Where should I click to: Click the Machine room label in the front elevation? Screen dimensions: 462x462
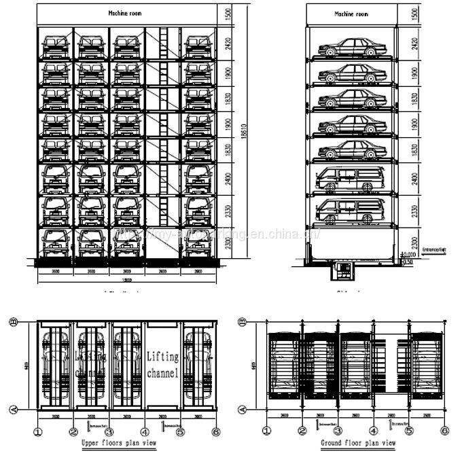tap(124, 13)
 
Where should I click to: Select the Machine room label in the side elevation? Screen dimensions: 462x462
tap(352, 14)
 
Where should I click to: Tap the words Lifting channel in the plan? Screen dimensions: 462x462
tap(162, 365)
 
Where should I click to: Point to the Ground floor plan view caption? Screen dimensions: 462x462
tap(358, 443)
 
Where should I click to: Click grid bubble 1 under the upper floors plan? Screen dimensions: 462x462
tap(37, 429)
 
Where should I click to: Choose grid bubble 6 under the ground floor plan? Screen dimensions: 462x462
tap(445, 429)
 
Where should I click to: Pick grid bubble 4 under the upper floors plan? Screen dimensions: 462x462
tap(145, 429)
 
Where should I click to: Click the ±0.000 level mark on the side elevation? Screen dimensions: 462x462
tap(408, 256)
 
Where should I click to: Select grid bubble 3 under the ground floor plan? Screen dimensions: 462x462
tap(338, 429)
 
